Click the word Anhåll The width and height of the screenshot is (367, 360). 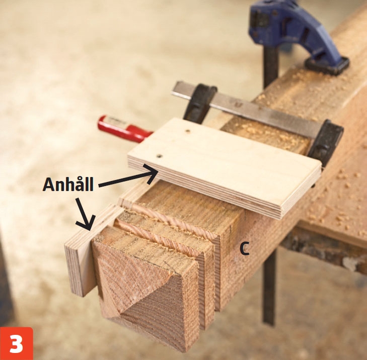68,184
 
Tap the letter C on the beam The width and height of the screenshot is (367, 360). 244,249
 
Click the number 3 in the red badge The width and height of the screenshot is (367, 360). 16,344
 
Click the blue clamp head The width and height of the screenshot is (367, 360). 292,28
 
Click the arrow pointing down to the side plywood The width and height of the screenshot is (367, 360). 84,214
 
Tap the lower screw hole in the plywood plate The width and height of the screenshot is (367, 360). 160,156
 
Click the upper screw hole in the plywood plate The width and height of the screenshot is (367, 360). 187,131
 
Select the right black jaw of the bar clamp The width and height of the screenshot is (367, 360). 325,143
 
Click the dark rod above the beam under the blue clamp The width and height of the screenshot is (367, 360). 271,65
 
